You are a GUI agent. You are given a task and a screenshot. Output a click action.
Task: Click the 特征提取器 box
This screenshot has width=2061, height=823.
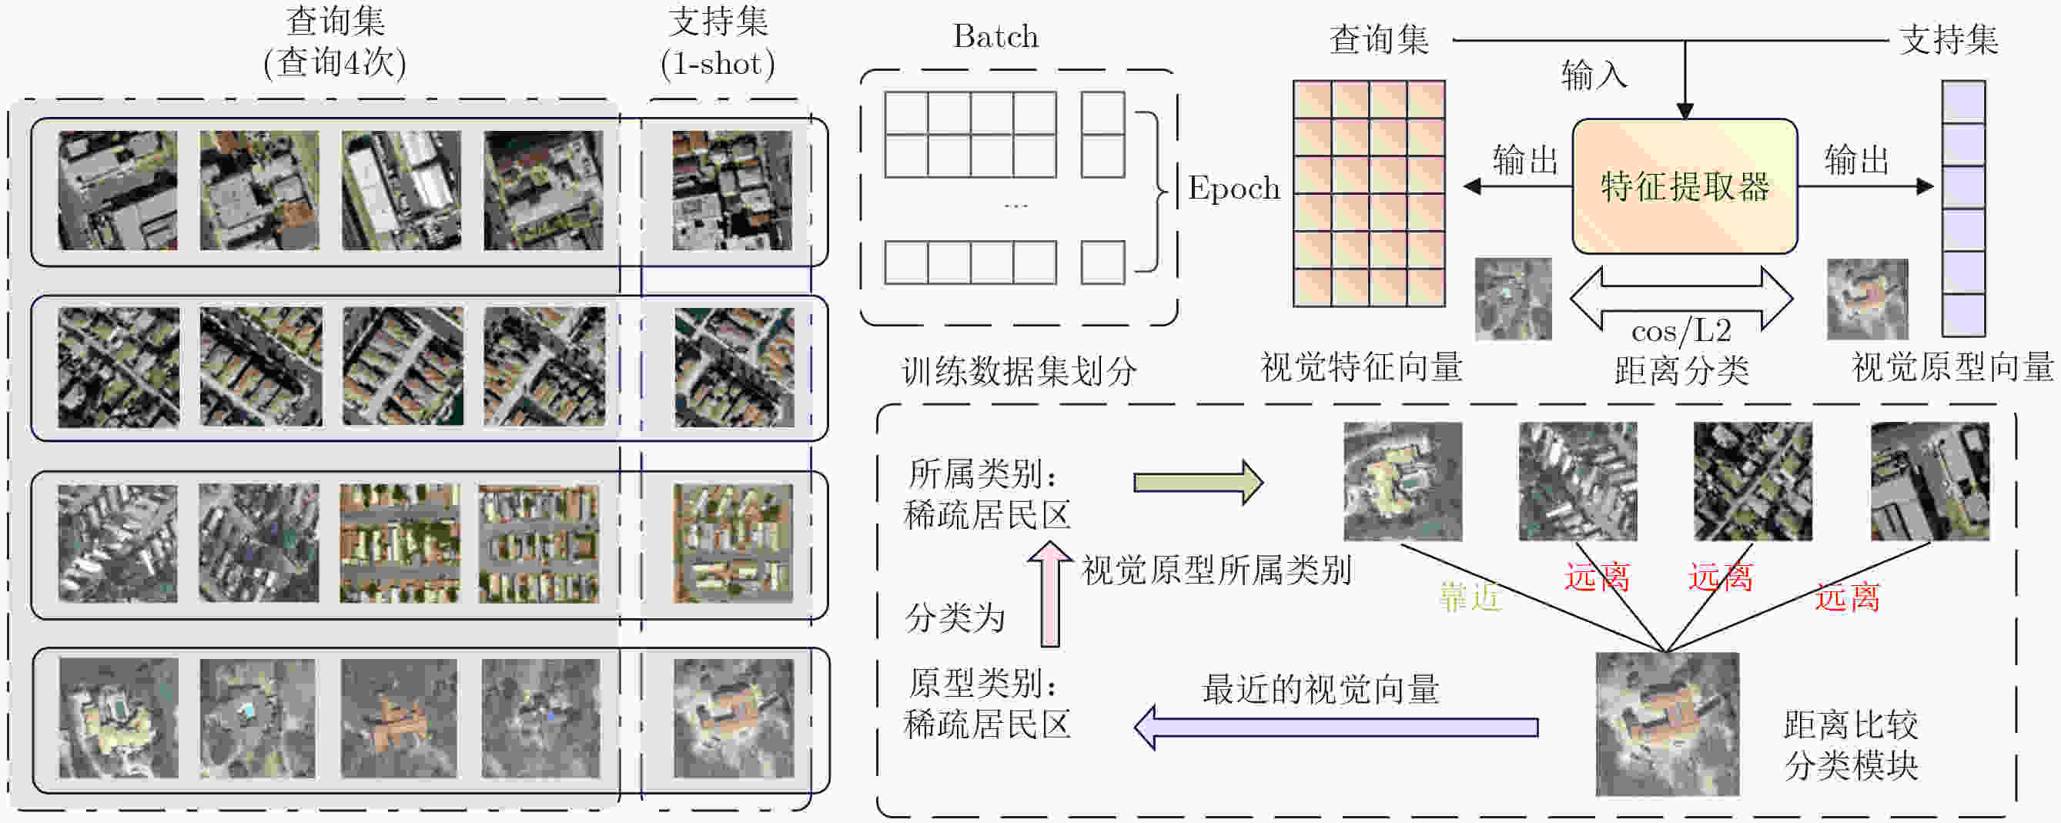coord(1685,186)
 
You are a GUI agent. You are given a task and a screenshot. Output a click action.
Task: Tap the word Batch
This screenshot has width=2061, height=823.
coord(995,37)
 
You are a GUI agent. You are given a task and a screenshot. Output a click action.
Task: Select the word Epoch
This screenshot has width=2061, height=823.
coord(1233,188)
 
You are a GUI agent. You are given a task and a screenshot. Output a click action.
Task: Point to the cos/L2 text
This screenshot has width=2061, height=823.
coord(1681,330)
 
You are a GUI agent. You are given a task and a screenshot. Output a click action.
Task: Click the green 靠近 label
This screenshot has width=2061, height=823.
coord(1470,597)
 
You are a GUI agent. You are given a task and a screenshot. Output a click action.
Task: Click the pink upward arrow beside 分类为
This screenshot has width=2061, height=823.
coord(1049,594)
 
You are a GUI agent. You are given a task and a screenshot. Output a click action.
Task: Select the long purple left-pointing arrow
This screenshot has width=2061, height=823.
coord(1336,727)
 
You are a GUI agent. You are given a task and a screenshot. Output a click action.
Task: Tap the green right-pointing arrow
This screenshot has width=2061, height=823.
coord(1198,482)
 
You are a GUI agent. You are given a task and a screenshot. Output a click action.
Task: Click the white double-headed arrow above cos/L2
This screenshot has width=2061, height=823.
coord(1681,297)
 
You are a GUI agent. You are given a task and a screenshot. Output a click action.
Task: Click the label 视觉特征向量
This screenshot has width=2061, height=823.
coord(1362,368)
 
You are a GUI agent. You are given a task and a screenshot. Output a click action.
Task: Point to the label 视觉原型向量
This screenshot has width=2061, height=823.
coord(1953,367)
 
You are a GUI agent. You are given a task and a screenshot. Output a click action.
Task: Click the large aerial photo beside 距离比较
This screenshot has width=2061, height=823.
coord(1668,724)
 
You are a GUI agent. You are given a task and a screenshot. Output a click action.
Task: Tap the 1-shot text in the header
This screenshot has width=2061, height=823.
coord(718,63)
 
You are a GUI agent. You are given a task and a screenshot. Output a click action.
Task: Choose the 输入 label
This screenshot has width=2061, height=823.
coord(1594,76)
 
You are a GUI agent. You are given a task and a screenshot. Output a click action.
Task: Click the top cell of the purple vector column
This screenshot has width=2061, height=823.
coord(1964,102)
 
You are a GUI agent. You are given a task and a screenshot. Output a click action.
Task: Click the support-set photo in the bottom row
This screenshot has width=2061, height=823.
coord(734,718)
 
